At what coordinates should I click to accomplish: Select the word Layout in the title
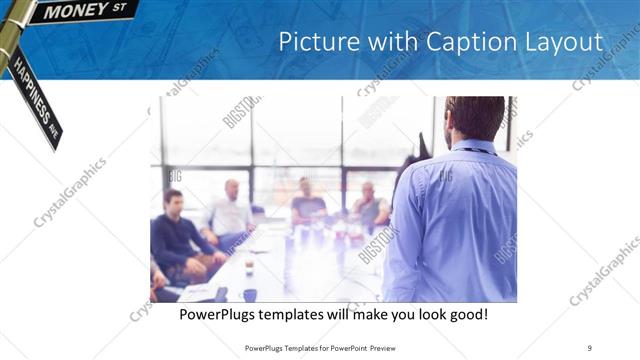pyautogui.click(x=562, y=42)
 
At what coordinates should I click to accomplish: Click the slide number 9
pyautogui.click(x=590, y=348)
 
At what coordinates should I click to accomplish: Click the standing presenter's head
pyautogui.click(x=474, y=118)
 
